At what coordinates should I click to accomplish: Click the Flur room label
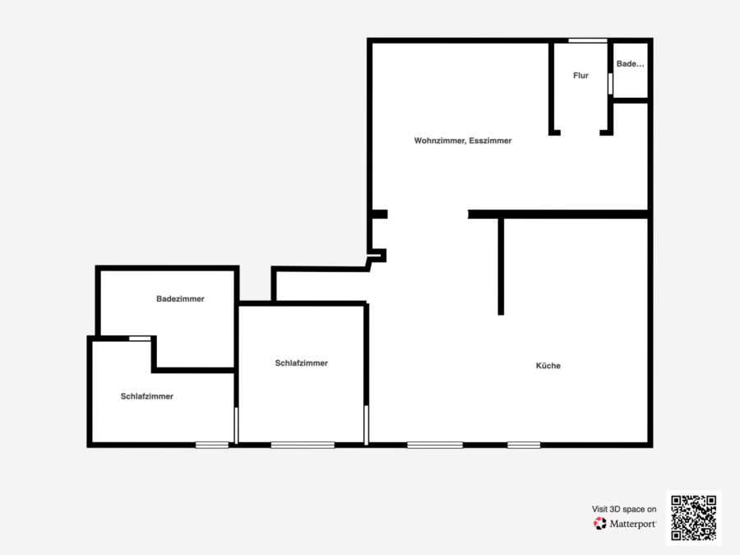click(580, 76)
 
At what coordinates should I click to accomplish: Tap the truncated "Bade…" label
click(630, 63)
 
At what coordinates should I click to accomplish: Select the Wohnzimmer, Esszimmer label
click(463, 141)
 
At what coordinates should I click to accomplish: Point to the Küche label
click(548, 366)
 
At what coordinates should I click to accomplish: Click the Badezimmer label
click(180, 298)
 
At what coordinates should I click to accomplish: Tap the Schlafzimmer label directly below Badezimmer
click(147, 396)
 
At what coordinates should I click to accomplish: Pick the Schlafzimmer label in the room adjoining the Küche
click(302, 363)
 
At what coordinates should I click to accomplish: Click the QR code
click(694, 518)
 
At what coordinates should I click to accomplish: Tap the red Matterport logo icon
click(600, 524)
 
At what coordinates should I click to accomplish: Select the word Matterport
click(632, 524)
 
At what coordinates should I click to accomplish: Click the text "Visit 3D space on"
click(624, 509)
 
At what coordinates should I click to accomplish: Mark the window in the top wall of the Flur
click(588, 40)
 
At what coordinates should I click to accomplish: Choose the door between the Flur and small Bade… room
click(610, 84)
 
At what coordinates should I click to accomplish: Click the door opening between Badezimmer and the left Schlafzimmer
click(140, 339)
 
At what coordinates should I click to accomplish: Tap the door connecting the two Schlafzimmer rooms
click(237, 425)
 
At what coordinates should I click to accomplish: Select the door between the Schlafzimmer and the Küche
click(366, 425)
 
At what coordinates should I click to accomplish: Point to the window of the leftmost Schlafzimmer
click(212, 445)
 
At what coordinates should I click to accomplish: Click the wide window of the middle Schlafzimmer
click(303, 445)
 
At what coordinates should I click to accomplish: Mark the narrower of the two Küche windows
click(524, 445)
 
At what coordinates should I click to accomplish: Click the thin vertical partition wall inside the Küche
click(501, 266)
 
